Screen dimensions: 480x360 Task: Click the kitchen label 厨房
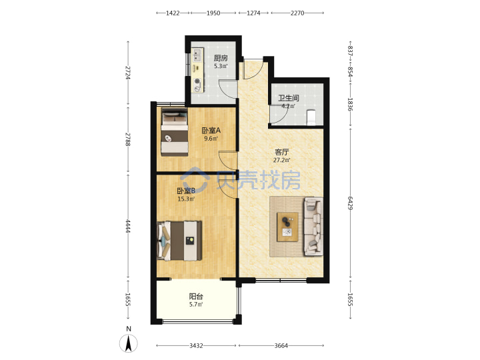[221, 58]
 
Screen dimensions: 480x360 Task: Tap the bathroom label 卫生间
[289, 98]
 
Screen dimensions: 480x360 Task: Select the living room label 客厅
[281, 152]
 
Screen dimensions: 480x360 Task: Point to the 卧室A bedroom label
[211, 131]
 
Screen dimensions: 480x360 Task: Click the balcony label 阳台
[196, 296]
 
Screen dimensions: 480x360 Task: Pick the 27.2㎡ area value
[281, 160]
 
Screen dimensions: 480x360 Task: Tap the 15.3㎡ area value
[186, 199]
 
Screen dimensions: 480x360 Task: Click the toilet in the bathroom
[311, 117]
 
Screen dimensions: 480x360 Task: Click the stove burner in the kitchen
[197, 81]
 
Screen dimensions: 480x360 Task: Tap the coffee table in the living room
[287, 227]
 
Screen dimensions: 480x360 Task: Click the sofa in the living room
[313, 227]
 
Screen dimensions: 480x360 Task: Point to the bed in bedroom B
[179, 241]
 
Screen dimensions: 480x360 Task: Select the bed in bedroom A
[175, 132]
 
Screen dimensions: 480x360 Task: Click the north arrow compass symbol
[129, 343]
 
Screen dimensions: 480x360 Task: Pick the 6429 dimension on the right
[351, 203]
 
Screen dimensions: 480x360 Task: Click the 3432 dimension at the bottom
[196, 345]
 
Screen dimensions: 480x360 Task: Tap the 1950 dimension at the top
[213, 13]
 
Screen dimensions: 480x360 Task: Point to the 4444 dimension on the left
[128, 226]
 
